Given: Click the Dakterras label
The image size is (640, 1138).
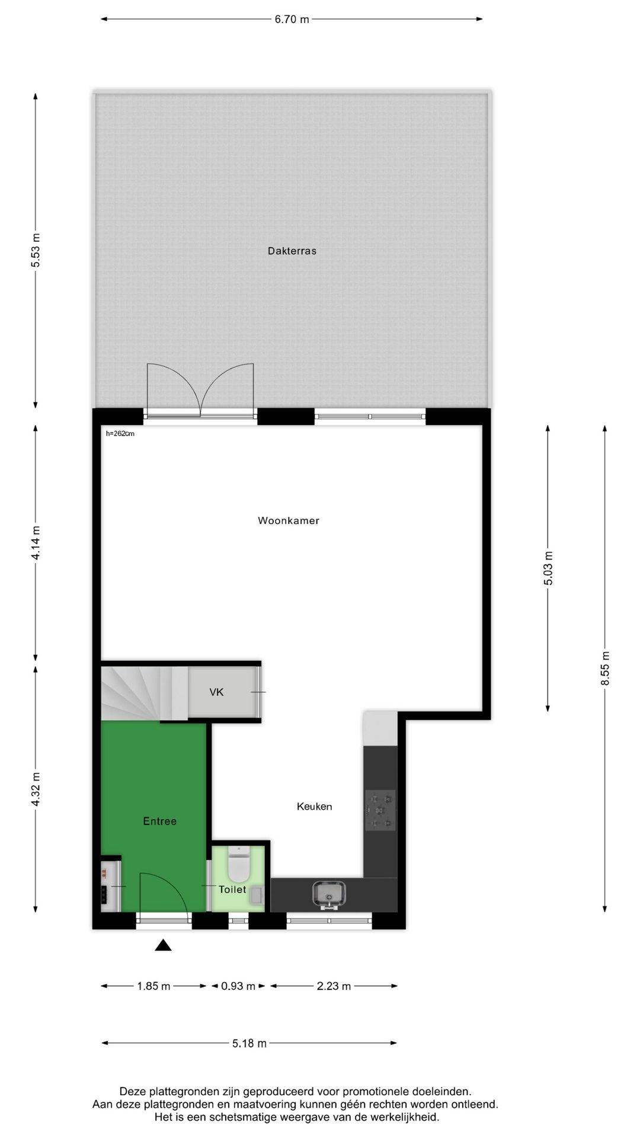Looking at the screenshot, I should tap(292, 251).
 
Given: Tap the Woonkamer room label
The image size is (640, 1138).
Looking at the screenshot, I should tap(289, 521).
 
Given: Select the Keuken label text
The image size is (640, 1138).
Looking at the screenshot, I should tap(314, 807).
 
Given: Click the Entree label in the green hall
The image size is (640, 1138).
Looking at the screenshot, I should tap(159, 821).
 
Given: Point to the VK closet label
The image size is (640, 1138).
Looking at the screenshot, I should tap(216, 692).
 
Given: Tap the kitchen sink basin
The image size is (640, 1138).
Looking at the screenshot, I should tap(328, 893).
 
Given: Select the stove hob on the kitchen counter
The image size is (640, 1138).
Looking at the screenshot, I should tap(380, 810).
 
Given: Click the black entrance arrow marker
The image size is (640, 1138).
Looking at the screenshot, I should tap(163, 946).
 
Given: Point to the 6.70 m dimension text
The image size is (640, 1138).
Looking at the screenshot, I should tap(292, 20).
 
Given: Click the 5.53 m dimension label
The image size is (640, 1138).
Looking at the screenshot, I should tap(36, 249).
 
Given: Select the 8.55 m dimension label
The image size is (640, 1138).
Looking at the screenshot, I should tap(605, 669).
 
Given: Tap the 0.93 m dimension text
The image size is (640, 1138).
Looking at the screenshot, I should tap(238, 986).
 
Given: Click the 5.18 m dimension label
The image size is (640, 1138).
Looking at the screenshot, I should tap(249, 1043).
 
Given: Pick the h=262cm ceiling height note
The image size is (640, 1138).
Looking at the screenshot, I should tap(120, 434).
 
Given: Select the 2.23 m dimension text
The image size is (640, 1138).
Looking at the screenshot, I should tap(334, 986).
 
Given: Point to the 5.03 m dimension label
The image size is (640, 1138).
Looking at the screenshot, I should tap(548, 568).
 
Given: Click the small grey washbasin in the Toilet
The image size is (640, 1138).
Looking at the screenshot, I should tap(257, 896).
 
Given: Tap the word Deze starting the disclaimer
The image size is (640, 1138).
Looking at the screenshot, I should tap(132, 1091).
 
